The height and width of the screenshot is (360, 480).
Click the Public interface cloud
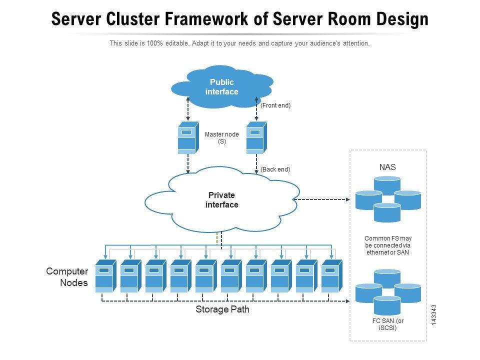coord(221,87)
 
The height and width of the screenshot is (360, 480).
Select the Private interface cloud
coord(221,200)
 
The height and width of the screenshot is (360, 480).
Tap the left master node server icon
coord(188,137)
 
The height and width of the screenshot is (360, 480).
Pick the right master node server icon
coord(256,137)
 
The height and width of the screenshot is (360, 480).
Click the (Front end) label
coord(275,105)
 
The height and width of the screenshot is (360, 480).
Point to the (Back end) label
coord(275,169)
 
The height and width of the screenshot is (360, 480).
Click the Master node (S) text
coord(221,137)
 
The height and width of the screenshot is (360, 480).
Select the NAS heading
coord(387,167)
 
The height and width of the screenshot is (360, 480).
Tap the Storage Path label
coord(222,310)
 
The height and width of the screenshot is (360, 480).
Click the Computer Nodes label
coord(67,277)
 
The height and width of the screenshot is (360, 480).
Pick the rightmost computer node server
coord(331,276)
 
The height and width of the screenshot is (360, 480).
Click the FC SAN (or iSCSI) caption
coord(387,324)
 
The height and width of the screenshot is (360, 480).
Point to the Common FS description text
coord(387,245)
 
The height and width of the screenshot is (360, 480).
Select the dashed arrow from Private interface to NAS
coord(322,199)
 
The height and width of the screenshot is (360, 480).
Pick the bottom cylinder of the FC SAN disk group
coord(387,305)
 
